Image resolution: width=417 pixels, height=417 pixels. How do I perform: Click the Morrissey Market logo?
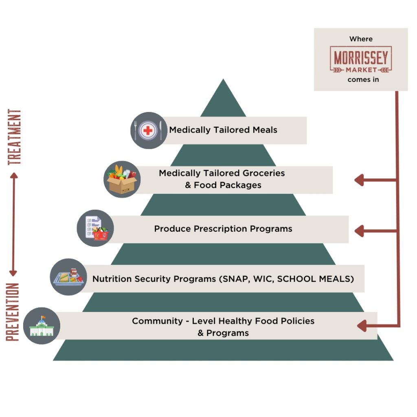361,59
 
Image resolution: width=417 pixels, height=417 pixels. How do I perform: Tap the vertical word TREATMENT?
15,137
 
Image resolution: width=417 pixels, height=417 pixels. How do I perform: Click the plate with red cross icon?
149,130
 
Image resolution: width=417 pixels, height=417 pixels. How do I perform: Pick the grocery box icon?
122,180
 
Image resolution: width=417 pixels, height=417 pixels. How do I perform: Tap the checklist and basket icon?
95,228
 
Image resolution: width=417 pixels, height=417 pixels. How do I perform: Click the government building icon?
42,326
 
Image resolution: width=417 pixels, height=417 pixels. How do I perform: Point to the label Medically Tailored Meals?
223,130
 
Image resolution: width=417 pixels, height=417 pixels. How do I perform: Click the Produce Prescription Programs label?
223,229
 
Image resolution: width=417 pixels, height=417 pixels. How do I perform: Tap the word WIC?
258,279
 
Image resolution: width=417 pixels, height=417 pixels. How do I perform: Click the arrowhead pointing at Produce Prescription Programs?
359,231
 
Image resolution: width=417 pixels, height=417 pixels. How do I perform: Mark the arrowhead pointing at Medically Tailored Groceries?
359,180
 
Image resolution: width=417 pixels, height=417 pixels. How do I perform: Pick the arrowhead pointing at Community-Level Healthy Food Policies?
361,326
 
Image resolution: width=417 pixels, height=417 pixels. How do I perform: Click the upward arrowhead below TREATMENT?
13,176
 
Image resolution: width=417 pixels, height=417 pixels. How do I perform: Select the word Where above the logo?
361,39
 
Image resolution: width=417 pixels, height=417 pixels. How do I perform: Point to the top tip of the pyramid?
223,80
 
